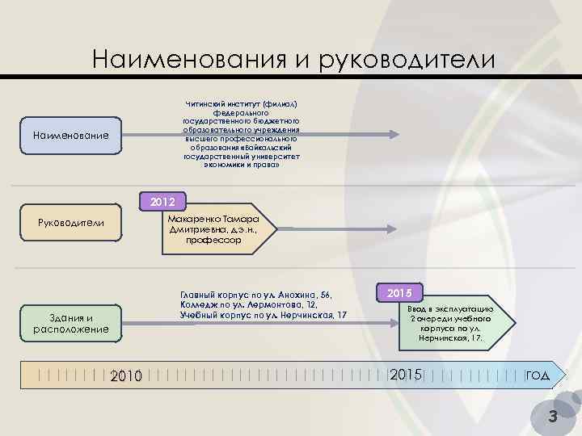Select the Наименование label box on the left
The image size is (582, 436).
click(71, 135)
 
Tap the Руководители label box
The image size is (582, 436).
click(71, 222)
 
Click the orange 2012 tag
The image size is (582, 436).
click(163, 200)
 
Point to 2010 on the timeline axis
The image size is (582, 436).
click(125, 375)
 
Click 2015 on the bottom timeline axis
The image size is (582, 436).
click(406, 375)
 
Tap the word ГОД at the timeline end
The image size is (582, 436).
click(538, 375)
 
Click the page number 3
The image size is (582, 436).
click(553, 417)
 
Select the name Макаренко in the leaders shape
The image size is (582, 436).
click(192, 219)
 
